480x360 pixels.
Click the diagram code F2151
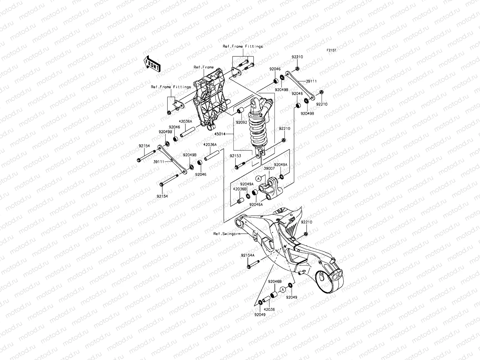point(331,50)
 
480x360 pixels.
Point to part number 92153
point(235,156)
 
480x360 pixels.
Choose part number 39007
point(269,169)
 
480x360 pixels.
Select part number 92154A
point(247,255)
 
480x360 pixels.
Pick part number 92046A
point(256,204)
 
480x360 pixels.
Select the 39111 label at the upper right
point(311,81)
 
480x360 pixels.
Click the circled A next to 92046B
point(282,289)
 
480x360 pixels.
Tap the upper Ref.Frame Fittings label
point(242,46)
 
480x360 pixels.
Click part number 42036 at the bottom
point(269,309)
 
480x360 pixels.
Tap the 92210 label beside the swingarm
point(307,222)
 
